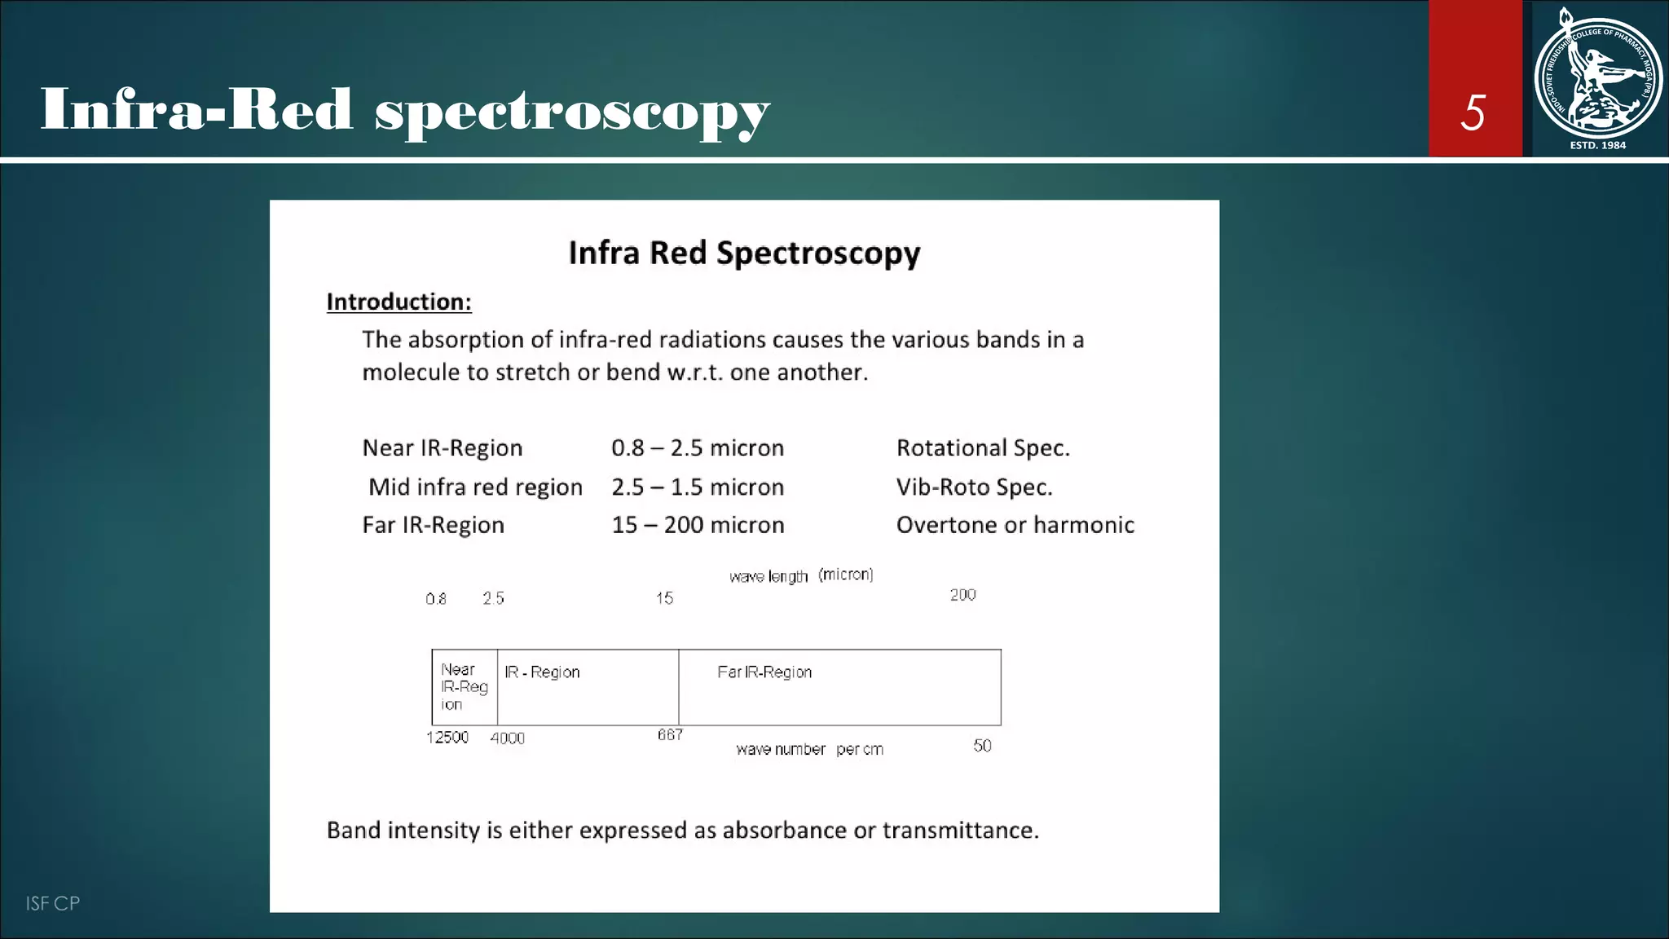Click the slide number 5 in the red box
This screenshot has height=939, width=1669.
pos(1473,112)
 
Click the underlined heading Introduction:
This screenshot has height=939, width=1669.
pos(399,302)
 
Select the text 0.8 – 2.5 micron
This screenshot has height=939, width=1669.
pos(698,447)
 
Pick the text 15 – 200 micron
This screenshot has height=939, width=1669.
pos(698,525)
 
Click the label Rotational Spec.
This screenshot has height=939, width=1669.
pos(983,447)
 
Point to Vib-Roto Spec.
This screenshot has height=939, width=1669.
pos(974,487)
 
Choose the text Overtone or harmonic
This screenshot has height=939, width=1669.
pos(1015,525)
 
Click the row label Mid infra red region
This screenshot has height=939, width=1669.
pos(475,487)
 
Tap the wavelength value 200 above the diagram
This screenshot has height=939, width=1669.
pos(962,595)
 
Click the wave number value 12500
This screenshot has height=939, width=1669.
pos(447,738)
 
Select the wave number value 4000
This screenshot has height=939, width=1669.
pos(507,738)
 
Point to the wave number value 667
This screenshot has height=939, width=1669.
pos(670,735)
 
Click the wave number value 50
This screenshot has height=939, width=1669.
pos(982,746)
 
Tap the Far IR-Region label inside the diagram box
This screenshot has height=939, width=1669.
pos(764,672)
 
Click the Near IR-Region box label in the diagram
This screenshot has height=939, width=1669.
pos(464,686)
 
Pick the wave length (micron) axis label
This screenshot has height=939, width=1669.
pos(801,575)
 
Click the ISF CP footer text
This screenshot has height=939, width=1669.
pos(53,903)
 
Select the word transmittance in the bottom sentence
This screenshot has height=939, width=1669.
pos(960,830)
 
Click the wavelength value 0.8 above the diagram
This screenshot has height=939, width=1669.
pos(436,599)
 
